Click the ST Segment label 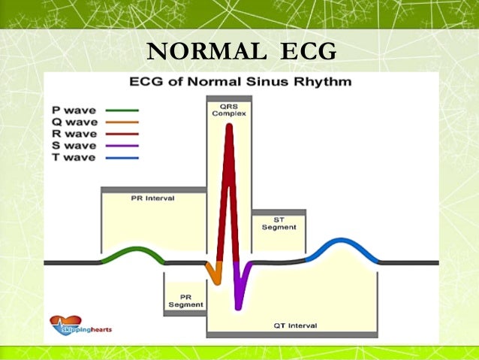[279, 223]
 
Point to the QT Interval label [296, 325]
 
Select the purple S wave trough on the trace [239, 301]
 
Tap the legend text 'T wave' [74, 158]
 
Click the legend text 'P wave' [74, 110]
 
